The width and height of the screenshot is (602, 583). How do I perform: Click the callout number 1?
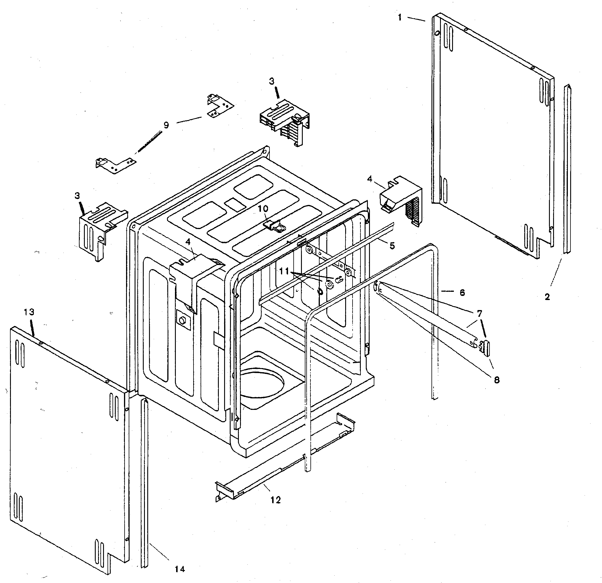click(x=400, y=18)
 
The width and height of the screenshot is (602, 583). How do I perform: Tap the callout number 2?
click(x=547, y=297)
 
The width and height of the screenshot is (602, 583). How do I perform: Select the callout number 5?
click(x=392, y=246)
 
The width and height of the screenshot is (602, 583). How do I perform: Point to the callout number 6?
click(x=462, y=293)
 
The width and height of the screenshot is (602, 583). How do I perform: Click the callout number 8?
click(x=497, y=380)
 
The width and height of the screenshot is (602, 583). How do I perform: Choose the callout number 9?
click(x=166, y=125)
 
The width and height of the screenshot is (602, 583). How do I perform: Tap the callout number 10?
click(x=263, y=209)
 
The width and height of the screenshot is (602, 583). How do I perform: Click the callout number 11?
click(x=285, y=271)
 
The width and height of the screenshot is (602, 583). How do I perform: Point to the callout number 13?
click(x=29, y=312)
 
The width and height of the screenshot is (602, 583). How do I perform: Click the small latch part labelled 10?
click(x=274, y=226)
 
